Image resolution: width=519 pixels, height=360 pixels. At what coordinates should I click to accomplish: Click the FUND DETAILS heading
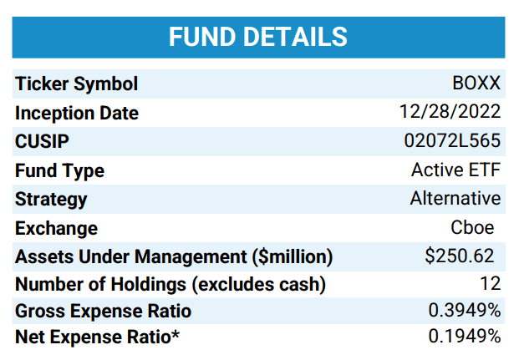[258, 37]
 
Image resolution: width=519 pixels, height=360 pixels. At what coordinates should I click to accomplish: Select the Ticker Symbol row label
[77, 84]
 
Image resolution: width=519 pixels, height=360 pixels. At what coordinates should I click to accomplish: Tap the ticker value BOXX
[476, 84]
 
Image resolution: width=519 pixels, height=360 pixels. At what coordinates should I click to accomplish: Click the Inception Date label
[77, 114]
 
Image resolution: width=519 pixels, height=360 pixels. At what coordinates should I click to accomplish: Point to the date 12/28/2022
[450, 113]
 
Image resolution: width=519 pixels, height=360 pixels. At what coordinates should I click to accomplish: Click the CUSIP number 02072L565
[452, 142]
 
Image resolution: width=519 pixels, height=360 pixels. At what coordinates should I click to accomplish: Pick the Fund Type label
[59, 171]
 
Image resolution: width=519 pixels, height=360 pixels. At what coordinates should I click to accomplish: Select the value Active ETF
[455, 170]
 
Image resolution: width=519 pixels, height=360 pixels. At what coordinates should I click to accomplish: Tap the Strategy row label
[51, 200]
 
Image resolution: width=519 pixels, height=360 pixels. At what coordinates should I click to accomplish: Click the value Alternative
[455, 199]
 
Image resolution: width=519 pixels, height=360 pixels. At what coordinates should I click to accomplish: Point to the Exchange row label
[56, 228]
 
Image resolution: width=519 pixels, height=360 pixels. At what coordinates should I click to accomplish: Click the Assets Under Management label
[174, 256]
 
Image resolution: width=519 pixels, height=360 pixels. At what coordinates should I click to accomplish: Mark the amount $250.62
[460, 256]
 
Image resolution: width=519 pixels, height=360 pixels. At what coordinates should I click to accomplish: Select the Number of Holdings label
[170, 285]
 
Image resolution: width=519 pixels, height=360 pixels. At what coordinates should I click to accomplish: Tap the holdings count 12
[490, 285]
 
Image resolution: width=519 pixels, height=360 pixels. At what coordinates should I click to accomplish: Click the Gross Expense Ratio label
[103, 312]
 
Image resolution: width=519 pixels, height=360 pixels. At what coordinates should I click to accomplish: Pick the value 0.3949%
[465, 311]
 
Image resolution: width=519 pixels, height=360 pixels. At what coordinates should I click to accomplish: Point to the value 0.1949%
[465, 337]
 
